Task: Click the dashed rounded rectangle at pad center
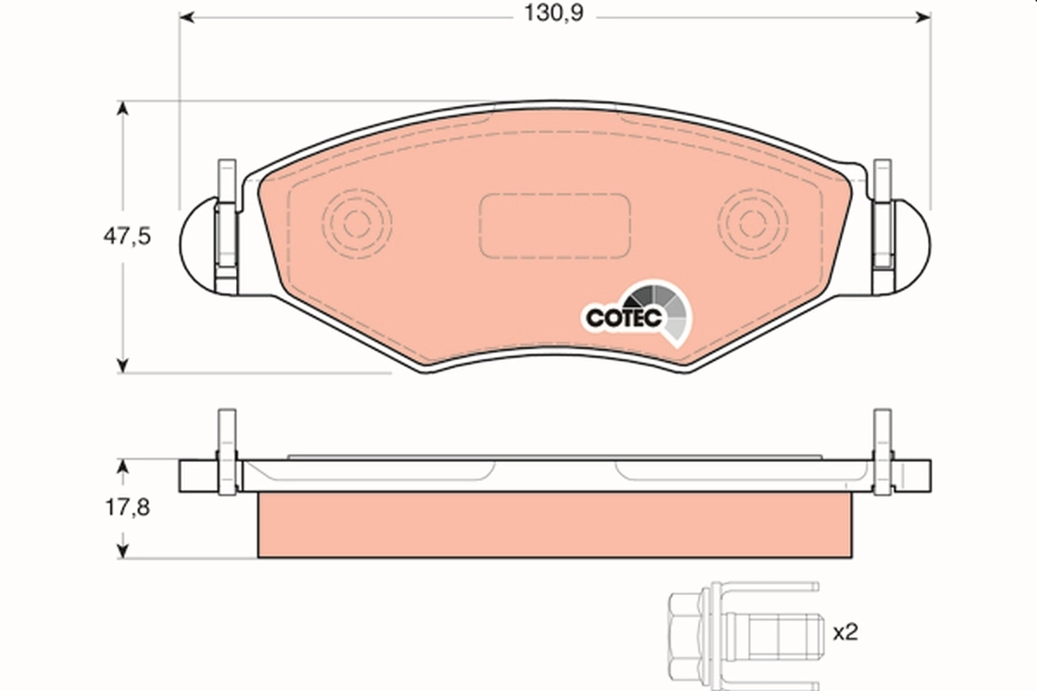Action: coord(554,225)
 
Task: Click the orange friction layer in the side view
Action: coord(554,524)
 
